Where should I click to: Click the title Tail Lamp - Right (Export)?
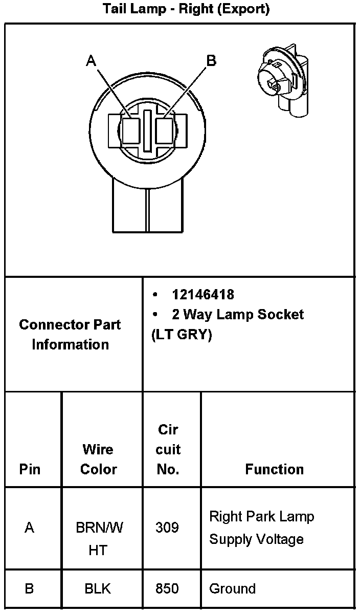pos(186,9)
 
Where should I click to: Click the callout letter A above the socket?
pos(91,61)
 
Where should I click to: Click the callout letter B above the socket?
pos(211,61)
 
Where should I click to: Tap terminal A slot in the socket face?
pos(131,131)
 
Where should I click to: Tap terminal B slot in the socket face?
pos(165,131)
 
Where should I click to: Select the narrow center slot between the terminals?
pos(148,130)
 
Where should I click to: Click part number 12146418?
pos(203,295)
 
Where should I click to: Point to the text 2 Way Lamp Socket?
pos(238,314)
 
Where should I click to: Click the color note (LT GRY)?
pos(182,335)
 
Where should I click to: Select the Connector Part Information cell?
pos(70,334)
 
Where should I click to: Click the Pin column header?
pos(30,469)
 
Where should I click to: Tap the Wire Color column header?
pos(99,459)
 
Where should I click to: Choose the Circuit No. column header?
pos(168,449)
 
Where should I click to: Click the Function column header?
pos(275,469)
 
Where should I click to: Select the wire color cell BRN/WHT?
pos(99,538)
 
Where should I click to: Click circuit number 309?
pos(167,528)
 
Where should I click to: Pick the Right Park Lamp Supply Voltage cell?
pos(261,528)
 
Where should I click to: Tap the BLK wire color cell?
pos(98,589)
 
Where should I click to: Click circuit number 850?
pos(167,589)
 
